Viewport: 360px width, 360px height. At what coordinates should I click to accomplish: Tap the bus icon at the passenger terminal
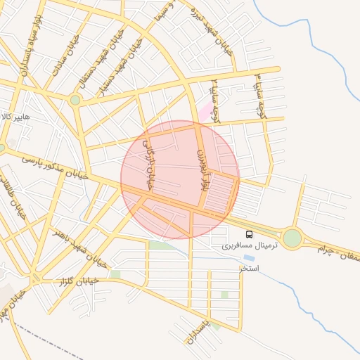[x=249, y=234]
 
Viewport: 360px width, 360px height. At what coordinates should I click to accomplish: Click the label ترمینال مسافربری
[x=250, y=245]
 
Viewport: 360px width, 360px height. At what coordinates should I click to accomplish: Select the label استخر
[x=249, y=269]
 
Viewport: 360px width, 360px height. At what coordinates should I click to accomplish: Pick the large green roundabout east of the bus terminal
[x=292, y=238]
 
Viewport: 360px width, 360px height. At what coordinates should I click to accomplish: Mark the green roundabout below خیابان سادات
[x=75, y=101]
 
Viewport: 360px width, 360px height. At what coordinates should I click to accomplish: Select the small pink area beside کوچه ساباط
[x=204, y=110]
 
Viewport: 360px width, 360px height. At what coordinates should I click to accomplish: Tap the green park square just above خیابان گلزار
[x=115, y=274]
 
